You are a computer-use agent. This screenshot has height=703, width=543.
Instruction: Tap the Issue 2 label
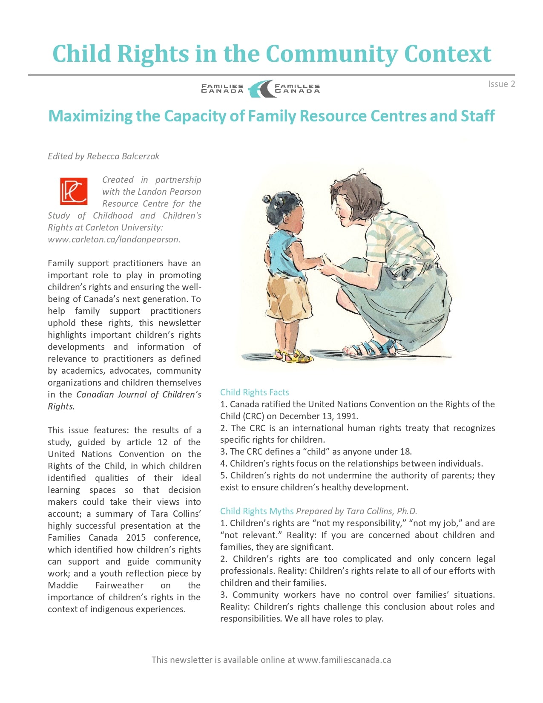[x=501, y=84]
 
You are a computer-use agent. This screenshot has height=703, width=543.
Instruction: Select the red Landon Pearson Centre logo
[x=74, y=191]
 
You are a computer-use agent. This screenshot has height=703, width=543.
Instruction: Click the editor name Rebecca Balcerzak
[x=123, y=156]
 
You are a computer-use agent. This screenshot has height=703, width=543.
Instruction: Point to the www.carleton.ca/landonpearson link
[x=114, y=239]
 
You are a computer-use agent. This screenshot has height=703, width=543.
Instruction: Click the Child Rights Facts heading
[x=254, y=392]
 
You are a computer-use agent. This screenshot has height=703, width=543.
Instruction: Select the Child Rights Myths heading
[x=256, y=511]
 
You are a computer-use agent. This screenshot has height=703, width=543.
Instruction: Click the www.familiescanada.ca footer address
[x=344, y=660]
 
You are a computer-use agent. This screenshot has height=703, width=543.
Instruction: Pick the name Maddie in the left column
[x=63, y=585]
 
